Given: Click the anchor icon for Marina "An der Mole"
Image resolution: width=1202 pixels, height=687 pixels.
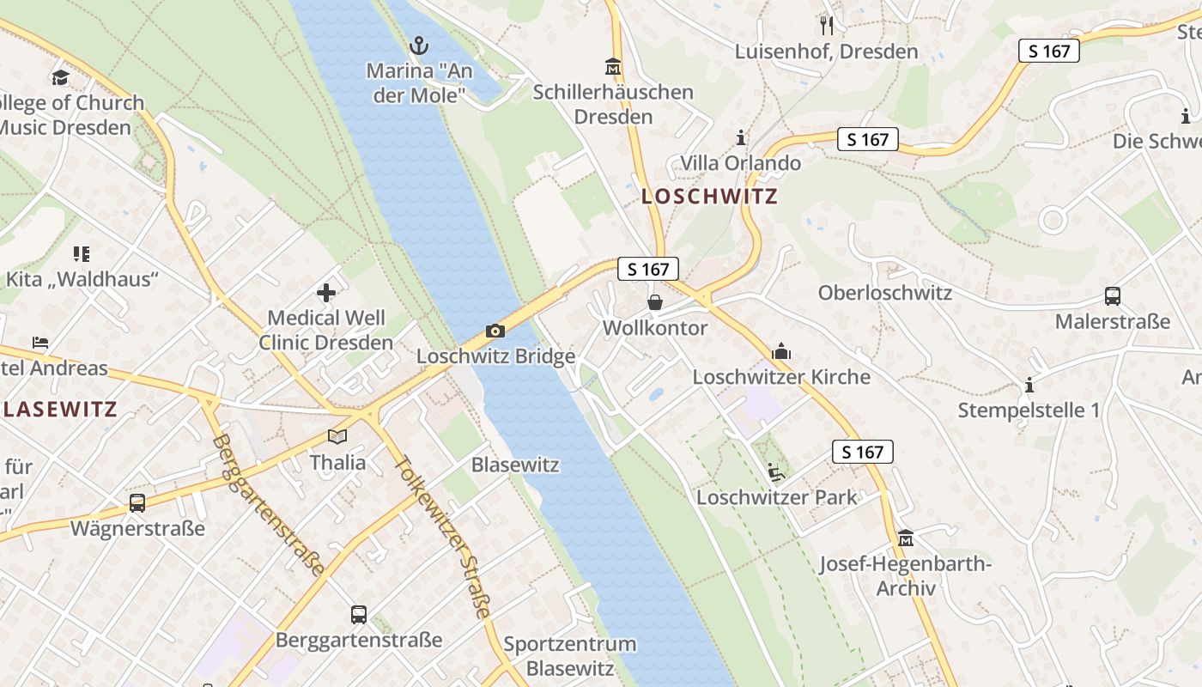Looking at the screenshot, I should pyautogui.click(x=419, y=45).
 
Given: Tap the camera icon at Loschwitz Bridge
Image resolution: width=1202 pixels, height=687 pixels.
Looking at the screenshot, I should pyautogui.click(x=495, y=331).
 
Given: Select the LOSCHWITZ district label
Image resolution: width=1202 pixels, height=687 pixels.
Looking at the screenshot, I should pyautogui.click(x=709, y=196).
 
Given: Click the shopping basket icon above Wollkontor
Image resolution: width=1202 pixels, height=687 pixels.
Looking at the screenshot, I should pyautogui.click(x=655, y=302).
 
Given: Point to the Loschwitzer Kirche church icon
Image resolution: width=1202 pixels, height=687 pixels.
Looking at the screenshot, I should pyautogui.click(x=781, y=351).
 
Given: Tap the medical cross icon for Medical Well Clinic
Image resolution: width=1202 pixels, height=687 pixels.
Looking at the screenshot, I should pyautogui.click(x=326, y=293).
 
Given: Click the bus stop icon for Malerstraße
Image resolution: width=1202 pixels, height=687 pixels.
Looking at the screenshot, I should pyautogui.click(x=1113, y=296).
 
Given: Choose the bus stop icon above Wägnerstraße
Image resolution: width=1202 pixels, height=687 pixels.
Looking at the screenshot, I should pyautogui.click(x=137, y=503).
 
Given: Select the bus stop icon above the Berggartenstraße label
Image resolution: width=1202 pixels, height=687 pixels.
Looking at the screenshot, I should pyautogui.click(x=359, y=615).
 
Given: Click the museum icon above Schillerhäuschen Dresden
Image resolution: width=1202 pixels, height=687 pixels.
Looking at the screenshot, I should pyautogui.click(x=613, y=66).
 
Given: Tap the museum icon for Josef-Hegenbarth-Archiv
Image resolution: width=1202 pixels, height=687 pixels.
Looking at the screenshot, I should pyautogui.click(x=905, y=538).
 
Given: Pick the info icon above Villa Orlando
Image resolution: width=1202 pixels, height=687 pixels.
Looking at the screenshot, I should pyautogui.click(x=741, y=137).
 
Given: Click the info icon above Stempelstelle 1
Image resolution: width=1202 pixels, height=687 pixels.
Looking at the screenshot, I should pyautogui.click(x=1029, y=385).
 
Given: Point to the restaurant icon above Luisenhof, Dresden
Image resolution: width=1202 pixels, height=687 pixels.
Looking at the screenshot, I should pyautogui.click(x=826, y=25).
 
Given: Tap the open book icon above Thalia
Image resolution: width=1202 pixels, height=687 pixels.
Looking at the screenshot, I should pyautogui.click(x=337, y=436).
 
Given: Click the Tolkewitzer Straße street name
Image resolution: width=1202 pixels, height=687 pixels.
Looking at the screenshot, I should pyautogui.click(x=443, y=536).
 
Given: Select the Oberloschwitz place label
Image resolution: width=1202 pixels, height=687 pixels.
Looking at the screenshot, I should pyautogui.click(x=884, y=293).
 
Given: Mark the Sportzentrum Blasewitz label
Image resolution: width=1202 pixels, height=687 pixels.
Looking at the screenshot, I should pyautogui.click(x=570, y=656).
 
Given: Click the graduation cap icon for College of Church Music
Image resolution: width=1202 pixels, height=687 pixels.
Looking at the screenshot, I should pyautogui.click(x=59, y=78).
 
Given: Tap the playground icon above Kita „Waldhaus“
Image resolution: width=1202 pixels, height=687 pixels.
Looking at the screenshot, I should pyautogui.click(x=82, y=253).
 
